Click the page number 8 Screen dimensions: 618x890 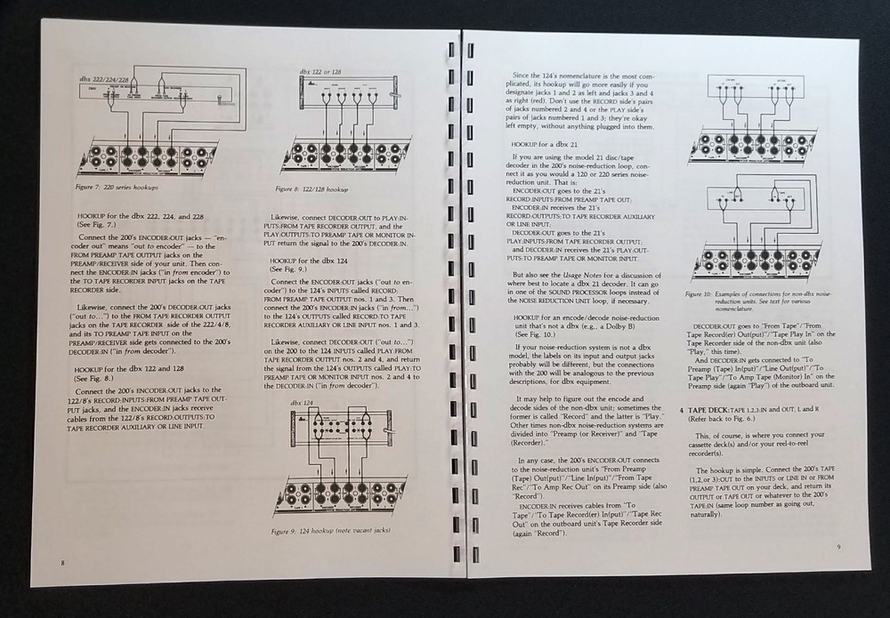click(x=62, y=561)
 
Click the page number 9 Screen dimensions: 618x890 click(x=837, y=546)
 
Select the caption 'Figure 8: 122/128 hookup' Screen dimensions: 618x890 click(x=314, y=189)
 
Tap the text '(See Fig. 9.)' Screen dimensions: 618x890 click(x=289, y=270)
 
